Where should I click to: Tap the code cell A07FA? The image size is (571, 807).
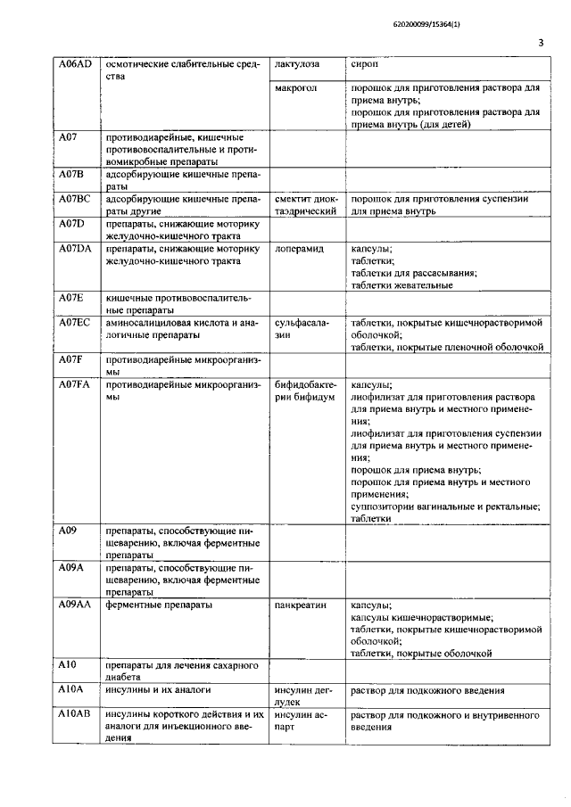point(75,385)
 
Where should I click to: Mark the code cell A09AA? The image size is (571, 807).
point(76,605)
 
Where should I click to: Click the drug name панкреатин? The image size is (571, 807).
point(302,605)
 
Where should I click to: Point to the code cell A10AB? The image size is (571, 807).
point(76,715)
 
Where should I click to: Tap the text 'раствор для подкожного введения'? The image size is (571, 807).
point(428,691)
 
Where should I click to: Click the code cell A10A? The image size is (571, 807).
point(70,691)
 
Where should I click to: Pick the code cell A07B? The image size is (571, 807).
point(70,175)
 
